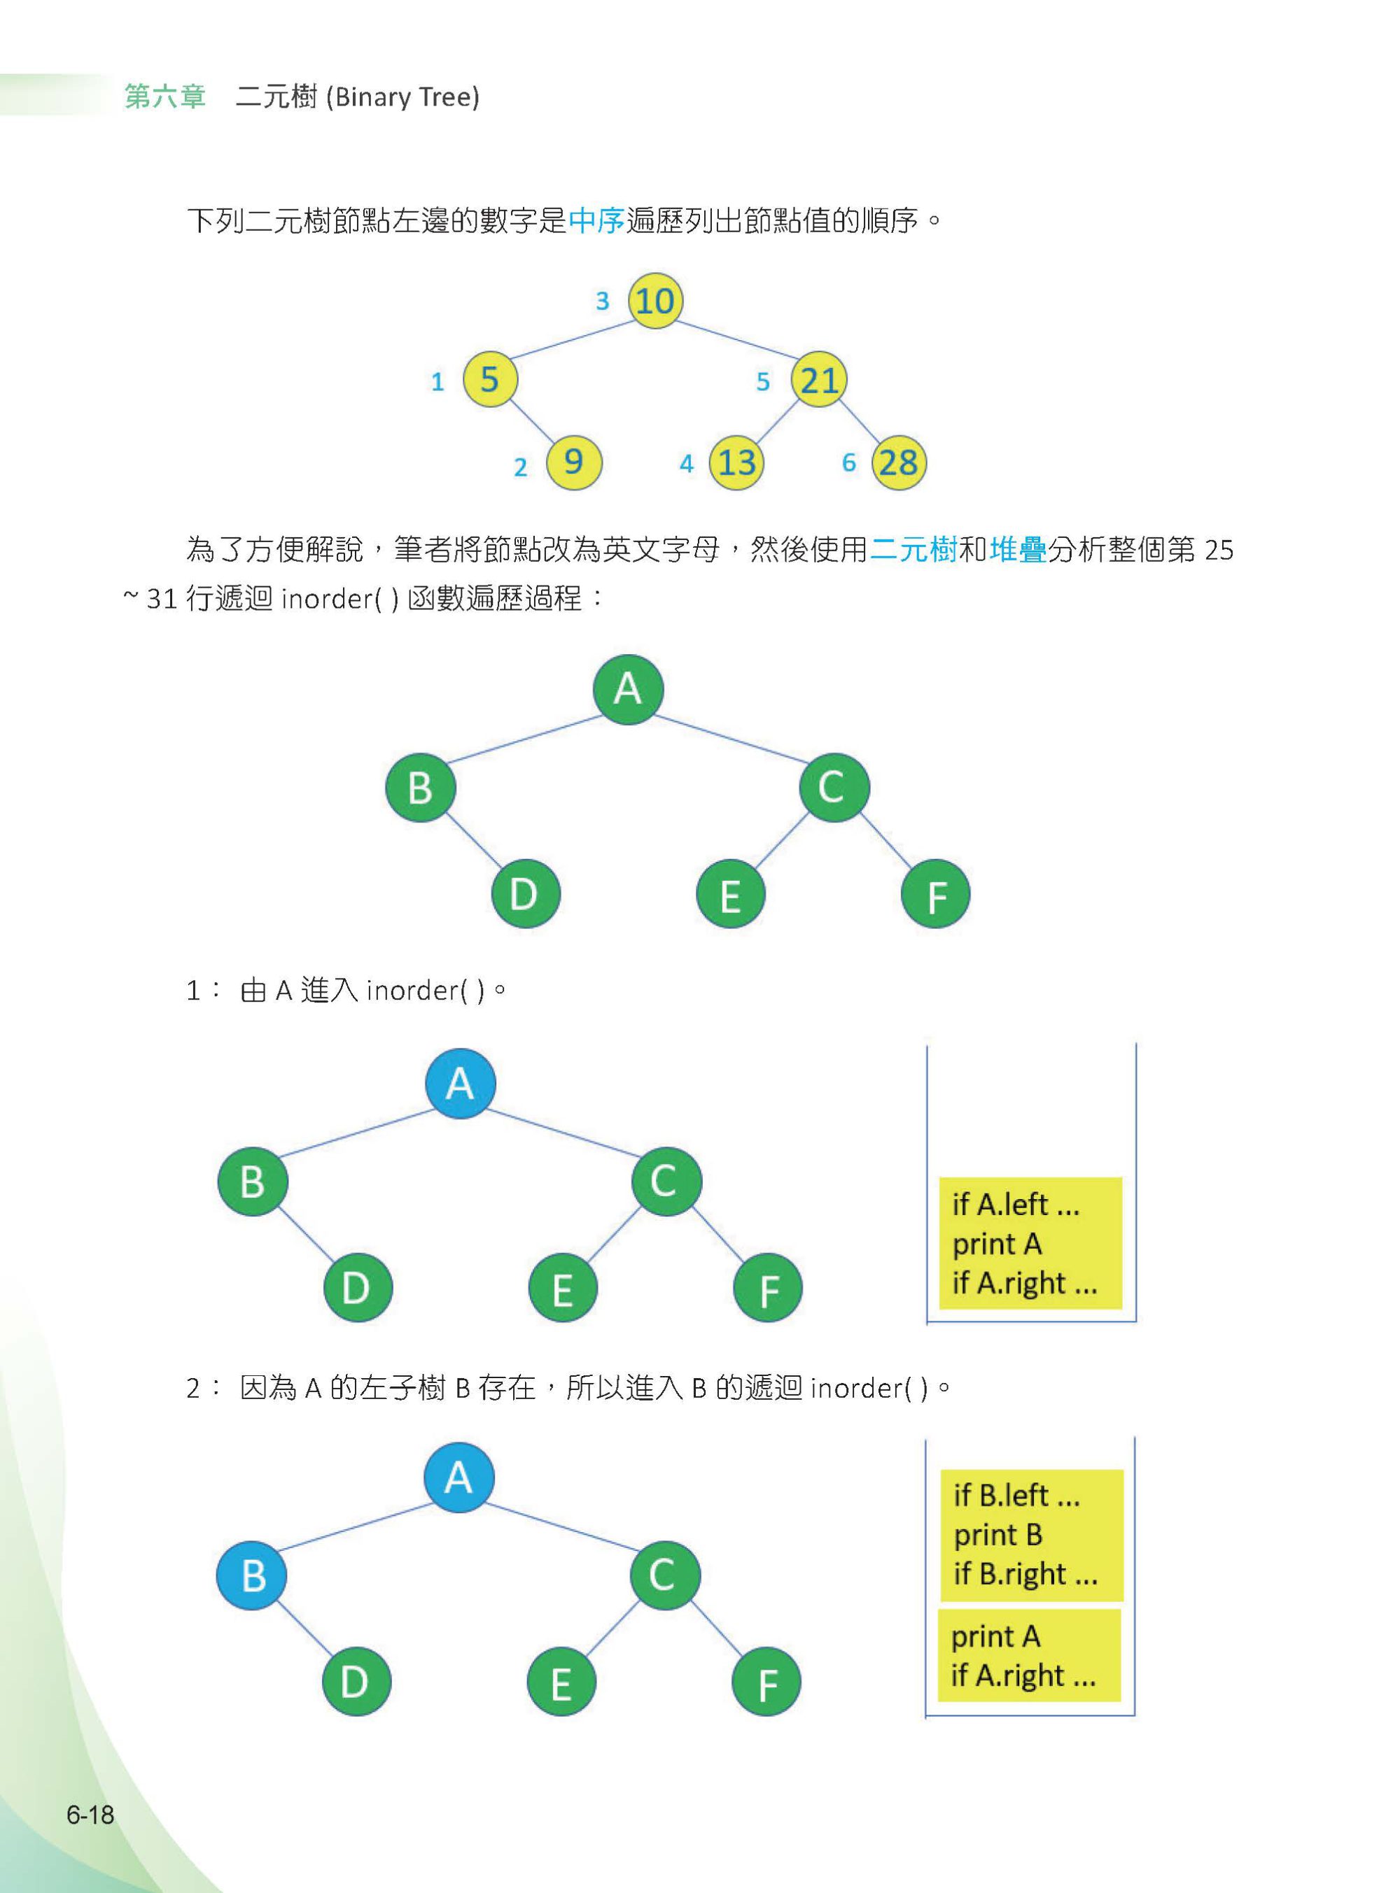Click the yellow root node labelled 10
click(655, 301)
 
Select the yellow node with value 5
click(491, 378)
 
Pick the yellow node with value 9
click(574, 462)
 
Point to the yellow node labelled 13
click(736, 462)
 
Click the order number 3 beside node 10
click(603, 301)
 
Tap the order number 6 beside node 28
click(848, 462)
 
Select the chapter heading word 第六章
click(165, 97)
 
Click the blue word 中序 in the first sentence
click(596, 221)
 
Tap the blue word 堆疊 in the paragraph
click(1018, 550)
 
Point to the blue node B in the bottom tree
click(253, 1575)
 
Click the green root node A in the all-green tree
click(628, 688)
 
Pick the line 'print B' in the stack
click(997, 1534)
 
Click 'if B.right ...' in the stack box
click(1025, 1574)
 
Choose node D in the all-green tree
click(526, 893)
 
